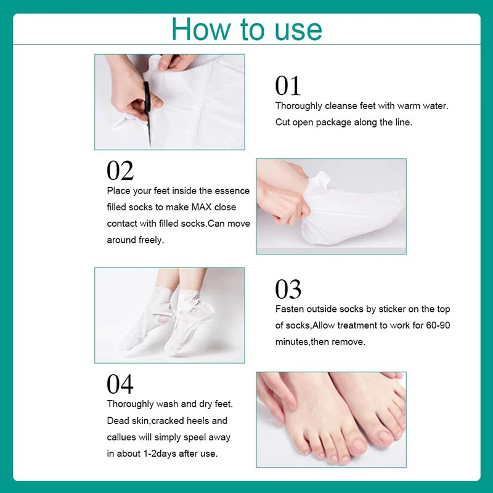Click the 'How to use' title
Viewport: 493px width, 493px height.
246,29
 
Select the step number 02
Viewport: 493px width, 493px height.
120,171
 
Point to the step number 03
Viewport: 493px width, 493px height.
288,288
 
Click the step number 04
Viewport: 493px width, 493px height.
120,384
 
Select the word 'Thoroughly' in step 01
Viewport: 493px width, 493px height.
298,106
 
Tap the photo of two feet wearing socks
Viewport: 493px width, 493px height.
169,314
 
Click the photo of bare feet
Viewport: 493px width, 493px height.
331,419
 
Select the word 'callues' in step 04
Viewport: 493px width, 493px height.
122,438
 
